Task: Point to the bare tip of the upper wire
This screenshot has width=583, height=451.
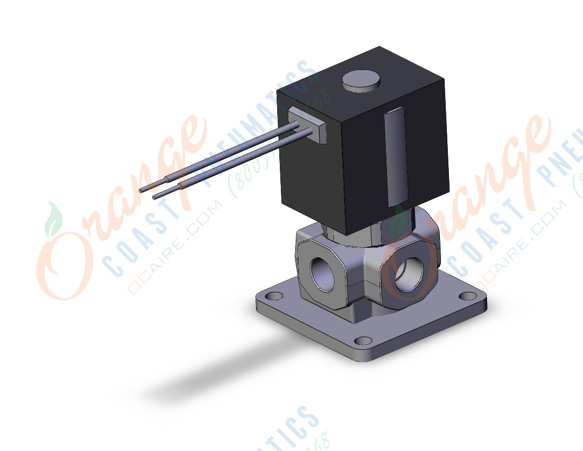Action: coord(142,190)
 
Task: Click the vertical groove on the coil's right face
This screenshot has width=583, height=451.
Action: coord(396,157)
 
